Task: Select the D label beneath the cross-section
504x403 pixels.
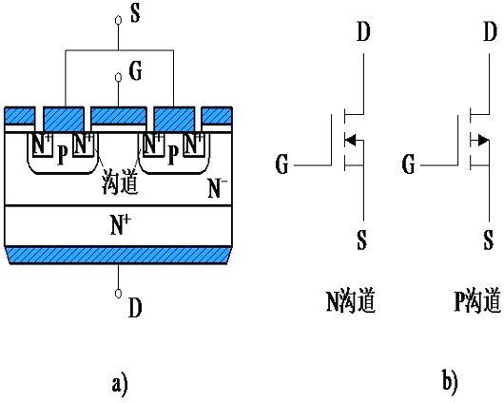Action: point(136,309)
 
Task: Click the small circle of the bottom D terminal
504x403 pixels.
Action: point(119,292)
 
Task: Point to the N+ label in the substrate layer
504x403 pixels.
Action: point(121,225)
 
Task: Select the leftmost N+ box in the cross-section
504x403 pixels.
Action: point(41,147)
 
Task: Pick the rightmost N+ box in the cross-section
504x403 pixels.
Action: point(195,147)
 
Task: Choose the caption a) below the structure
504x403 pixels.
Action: point(119,383)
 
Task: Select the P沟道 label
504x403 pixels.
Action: point(476,303)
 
